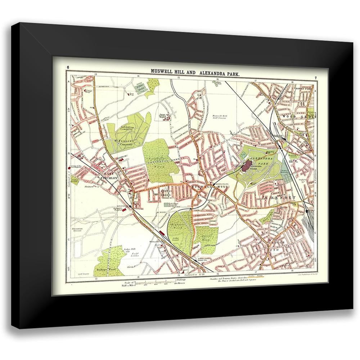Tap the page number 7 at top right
pyautogui.click(x=315, y=78)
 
